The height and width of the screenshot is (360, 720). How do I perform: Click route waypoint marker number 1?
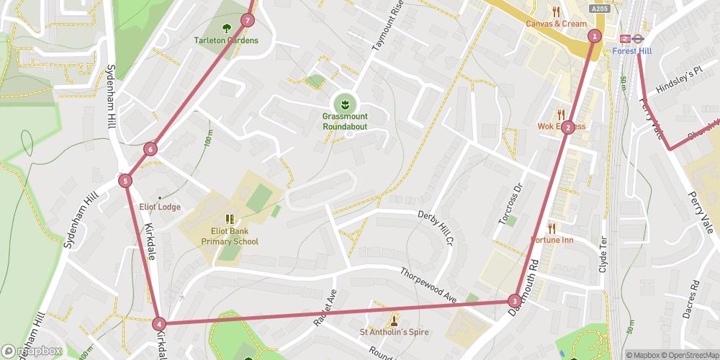tap(594, 36)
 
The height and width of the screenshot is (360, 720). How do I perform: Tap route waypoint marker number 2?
tap(568, 127)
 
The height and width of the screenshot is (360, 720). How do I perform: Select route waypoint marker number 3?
tap(514, 300)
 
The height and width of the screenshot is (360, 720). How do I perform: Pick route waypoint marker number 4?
tap(158, 324)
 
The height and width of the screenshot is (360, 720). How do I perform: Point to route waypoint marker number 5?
tap(125, 181)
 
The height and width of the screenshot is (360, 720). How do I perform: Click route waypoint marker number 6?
tap(150, 150)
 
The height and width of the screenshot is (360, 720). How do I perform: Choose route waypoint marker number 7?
tap(248, 20)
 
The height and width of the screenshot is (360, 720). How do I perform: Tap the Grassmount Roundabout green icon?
tap(345, 104)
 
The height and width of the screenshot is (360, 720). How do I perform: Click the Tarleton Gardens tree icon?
tap(227, 28)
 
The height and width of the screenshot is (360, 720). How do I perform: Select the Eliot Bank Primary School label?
tap(230, 236)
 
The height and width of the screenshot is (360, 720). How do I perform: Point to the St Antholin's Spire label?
tap(394, 332)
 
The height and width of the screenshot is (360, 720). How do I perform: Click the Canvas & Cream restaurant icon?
tap(556, 12)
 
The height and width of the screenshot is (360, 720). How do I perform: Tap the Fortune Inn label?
tap(552, 239)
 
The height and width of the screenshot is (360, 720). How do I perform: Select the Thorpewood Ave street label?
tap(428, 284)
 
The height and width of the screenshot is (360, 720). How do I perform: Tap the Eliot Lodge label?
tap(160, 207)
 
